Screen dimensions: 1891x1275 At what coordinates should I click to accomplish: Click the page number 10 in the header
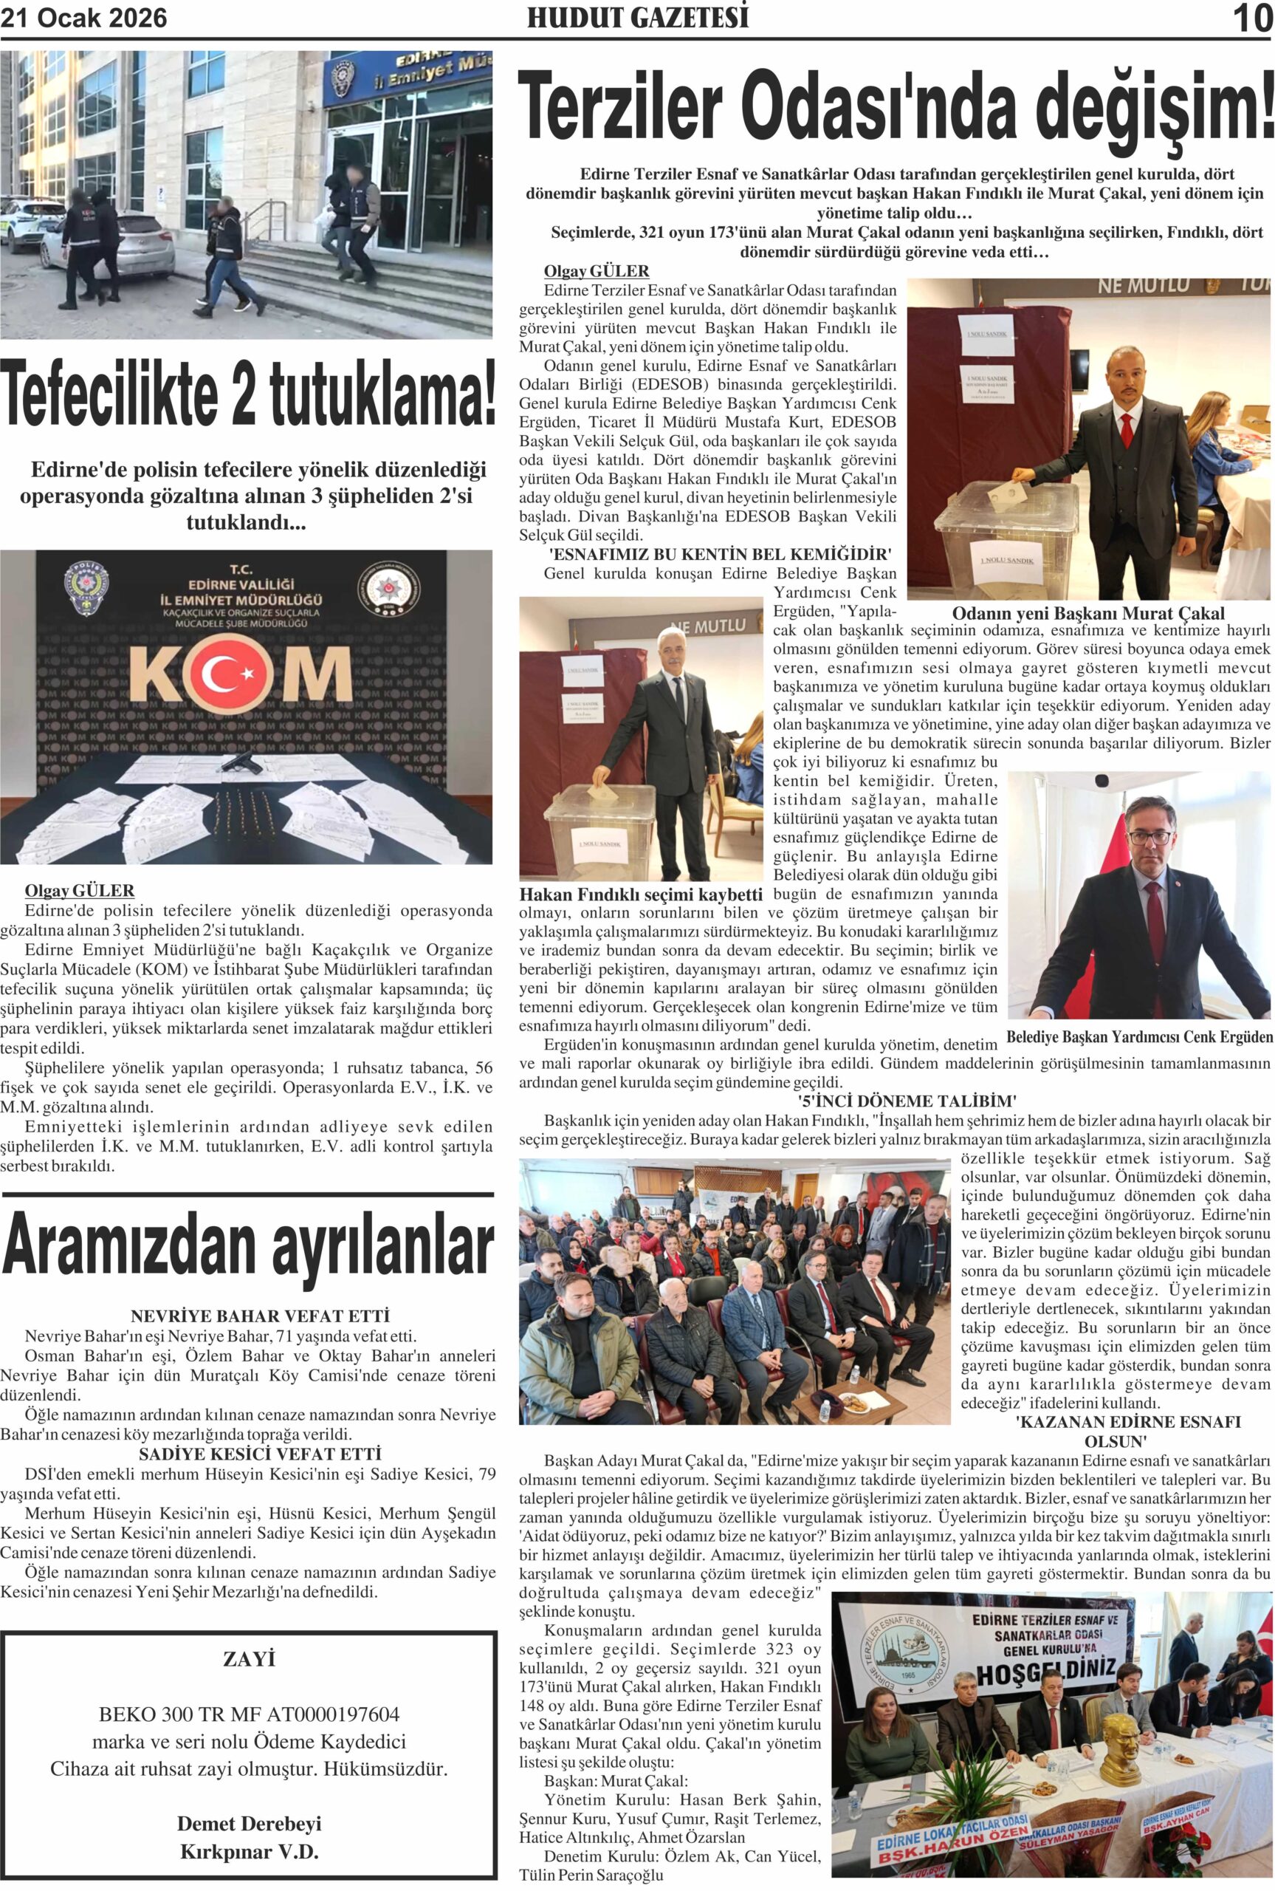click(1252, 18)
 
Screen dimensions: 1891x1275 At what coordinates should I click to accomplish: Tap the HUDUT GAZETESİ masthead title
click(638, 17)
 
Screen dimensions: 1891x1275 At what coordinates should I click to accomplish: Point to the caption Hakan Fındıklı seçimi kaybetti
click(641, 895)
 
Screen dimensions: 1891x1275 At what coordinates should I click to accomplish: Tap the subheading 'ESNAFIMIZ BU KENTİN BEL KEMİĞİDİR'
click(721, 555)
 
